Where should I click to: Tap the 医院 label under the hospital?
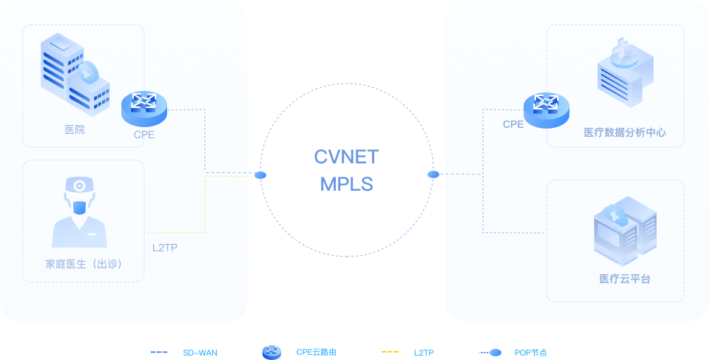coord(75,129)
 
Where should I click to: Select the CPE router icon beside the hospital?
coord(144,107)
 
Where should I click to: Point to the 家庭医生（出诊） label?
coord(83,264)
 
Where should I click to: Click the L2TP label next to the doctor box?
coord(165,247)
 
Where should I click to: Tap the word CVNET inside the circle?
coord(346,157)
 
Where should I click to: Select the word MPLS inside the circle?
coord(346,184)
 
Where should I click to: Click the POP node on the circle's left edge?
coord(260,175)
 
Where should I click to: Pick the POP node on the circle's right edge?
coord(433,174)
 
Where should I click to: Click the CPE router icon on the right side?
coord(547,109)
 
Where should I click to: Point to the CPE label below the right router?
coord(513,125)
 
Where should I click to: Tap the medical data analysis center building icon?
coord(625,69)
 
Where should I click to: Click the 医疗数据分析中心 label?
coord(625,132)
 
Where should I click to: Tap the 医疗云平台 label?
coord(625,279)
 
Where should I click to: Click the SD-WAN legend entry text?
coord(200,353)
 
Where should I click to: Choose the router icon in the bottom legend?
coord(271,353)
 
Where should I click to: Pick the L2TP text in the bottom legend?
coord(424,353)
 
